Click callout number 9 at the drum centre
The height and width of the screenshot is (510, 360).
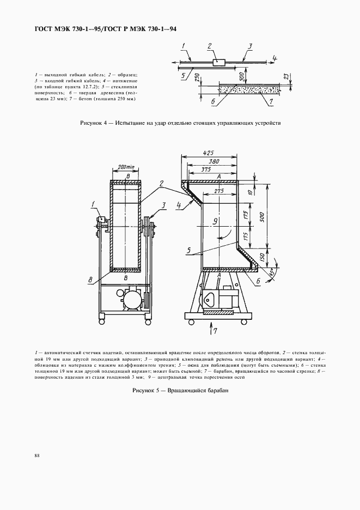point(215,221)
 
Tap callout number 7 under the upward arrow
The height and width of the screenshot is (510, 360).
point(216,332)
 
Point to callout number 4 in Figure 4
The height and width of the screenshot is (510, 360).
point(275,58)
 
